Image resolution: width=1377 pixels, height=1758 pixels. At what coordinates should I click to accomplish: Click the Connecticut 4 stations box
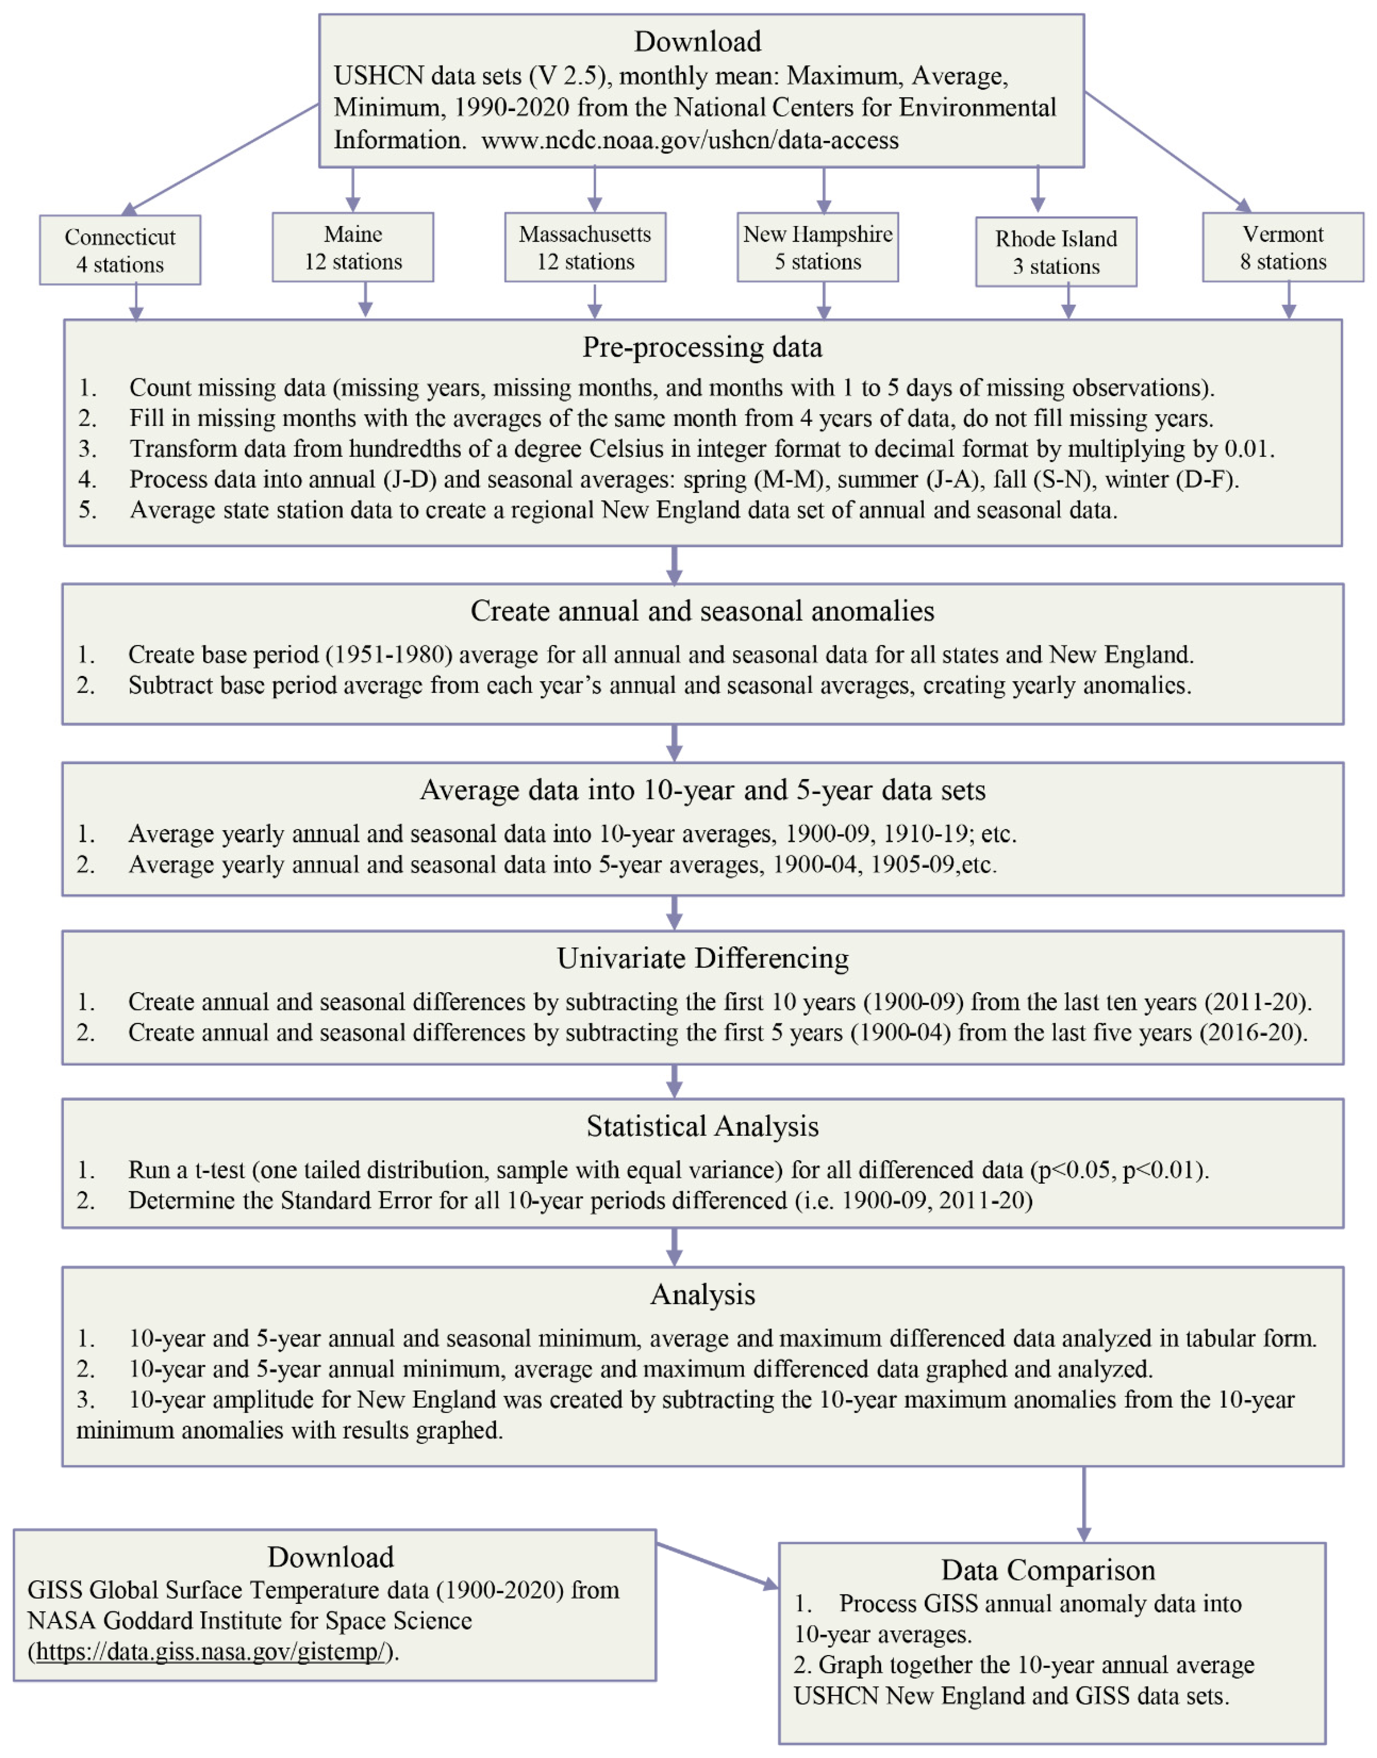click(120, 250)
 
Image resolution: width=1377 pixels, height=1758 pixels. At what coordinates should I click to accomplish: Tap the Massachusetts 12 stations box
click(585, 247)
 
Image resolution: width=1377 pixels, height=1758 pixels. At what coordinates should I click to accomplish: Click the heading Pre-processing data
click(702, 347)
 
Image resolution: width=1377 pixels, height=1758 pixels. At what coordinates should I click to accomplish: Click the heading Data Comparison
click(1048, 1570)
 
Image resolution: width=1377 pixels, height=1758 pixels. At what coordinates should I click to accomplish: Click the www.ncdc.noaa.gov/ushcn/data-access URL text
click(690, 140)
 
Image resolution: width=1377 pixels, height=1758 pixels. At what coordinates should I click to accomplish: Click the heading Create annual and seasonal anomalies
click(702, 611)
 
